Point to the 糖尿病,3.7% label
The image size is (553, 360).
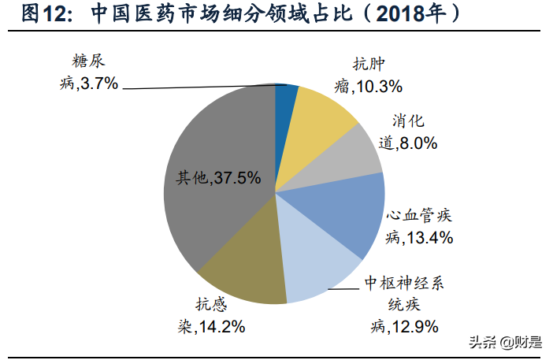click(89, 72)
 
